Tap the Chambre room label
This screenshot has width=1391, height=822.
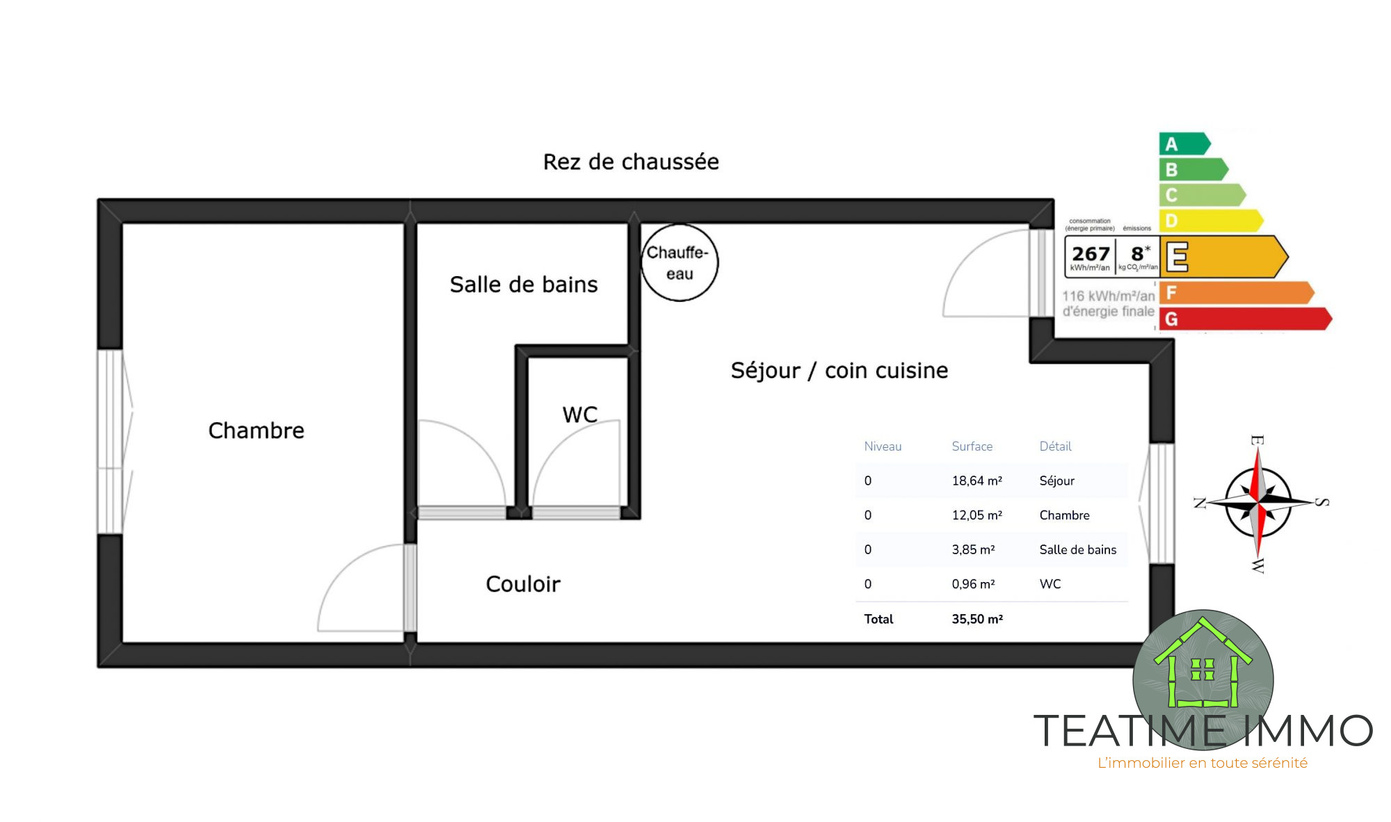click(x=257, y=430)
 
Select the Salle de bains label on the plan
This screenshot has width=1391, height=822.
click(x=524, y=284)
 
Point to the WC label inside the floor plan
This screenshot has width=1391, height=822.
click(x=580, y=414)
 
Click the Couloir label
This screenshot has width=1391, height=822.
click(x=523, y=584)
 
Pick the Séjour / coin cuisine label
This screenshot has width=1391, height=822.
click(x=839, y=371)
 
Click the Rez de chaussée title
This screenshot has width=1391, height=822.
click(x=631, y=162)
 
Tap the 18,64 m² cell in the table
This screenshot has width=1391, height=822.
click(x=977, y=481)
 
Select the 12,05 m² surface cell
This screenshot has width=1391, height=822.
click(x=977, y=515)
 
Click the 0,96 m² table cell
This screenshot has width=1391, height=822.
click(x=974, y=584)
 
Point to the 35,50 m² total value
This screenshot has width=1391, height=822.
click(x=977, y=619)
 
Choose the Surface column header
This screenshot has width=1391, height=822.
click(x=972, y=446)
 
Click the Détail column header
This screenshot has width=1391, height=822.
click(x=1056, y=446)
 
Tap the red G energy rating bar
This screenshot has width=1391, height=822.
click(x=1245, y=319)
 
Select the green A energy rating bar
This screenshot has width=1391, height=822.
click(x=1184, y=144)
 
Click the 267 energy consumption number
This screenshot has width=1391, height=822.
click(x=1091, y=253)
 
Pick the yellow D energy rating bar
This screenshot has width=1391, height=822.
click(x=1211, y=221)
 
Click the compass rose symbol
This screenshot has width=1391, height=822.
click(x=1258, y=503)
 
